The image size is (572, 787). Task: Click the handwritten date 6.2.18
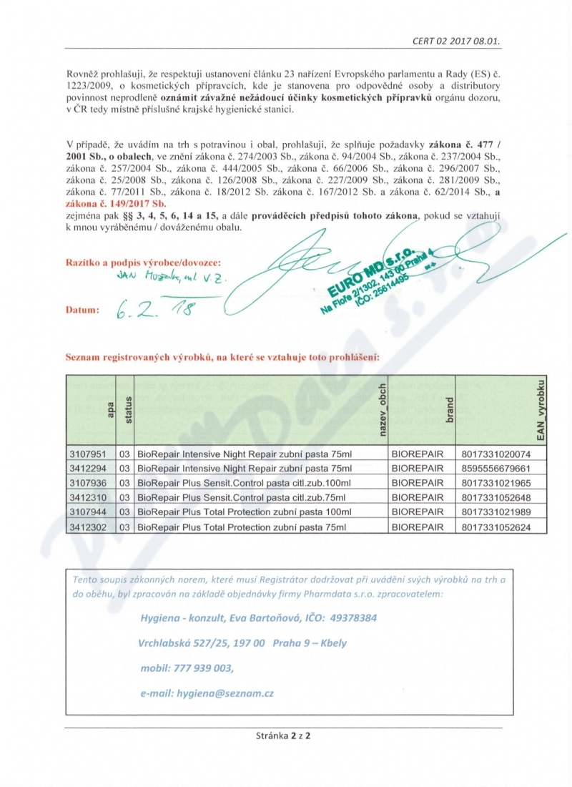point(154,308)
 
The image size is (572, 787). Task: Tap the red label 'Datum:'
point(81,311)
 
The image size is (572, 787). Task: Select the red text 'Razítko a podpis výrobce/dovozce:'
point(143,263)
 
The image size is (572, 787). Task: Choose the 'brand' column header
point(449,411)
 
